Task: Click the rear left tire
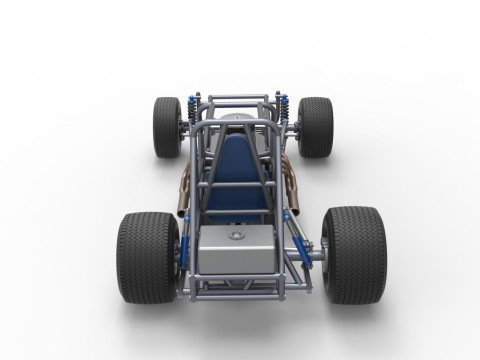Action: point(147,256)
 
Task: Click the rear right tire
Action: point(353,254)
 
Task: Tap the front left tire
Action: point(167,127)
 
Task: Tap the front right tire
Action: point(315,127)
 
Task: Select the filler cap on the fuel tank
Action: point(238,236)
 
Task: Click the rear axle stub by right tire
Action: point(316,256)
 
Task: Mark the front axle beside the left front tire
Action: point(185,128)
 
